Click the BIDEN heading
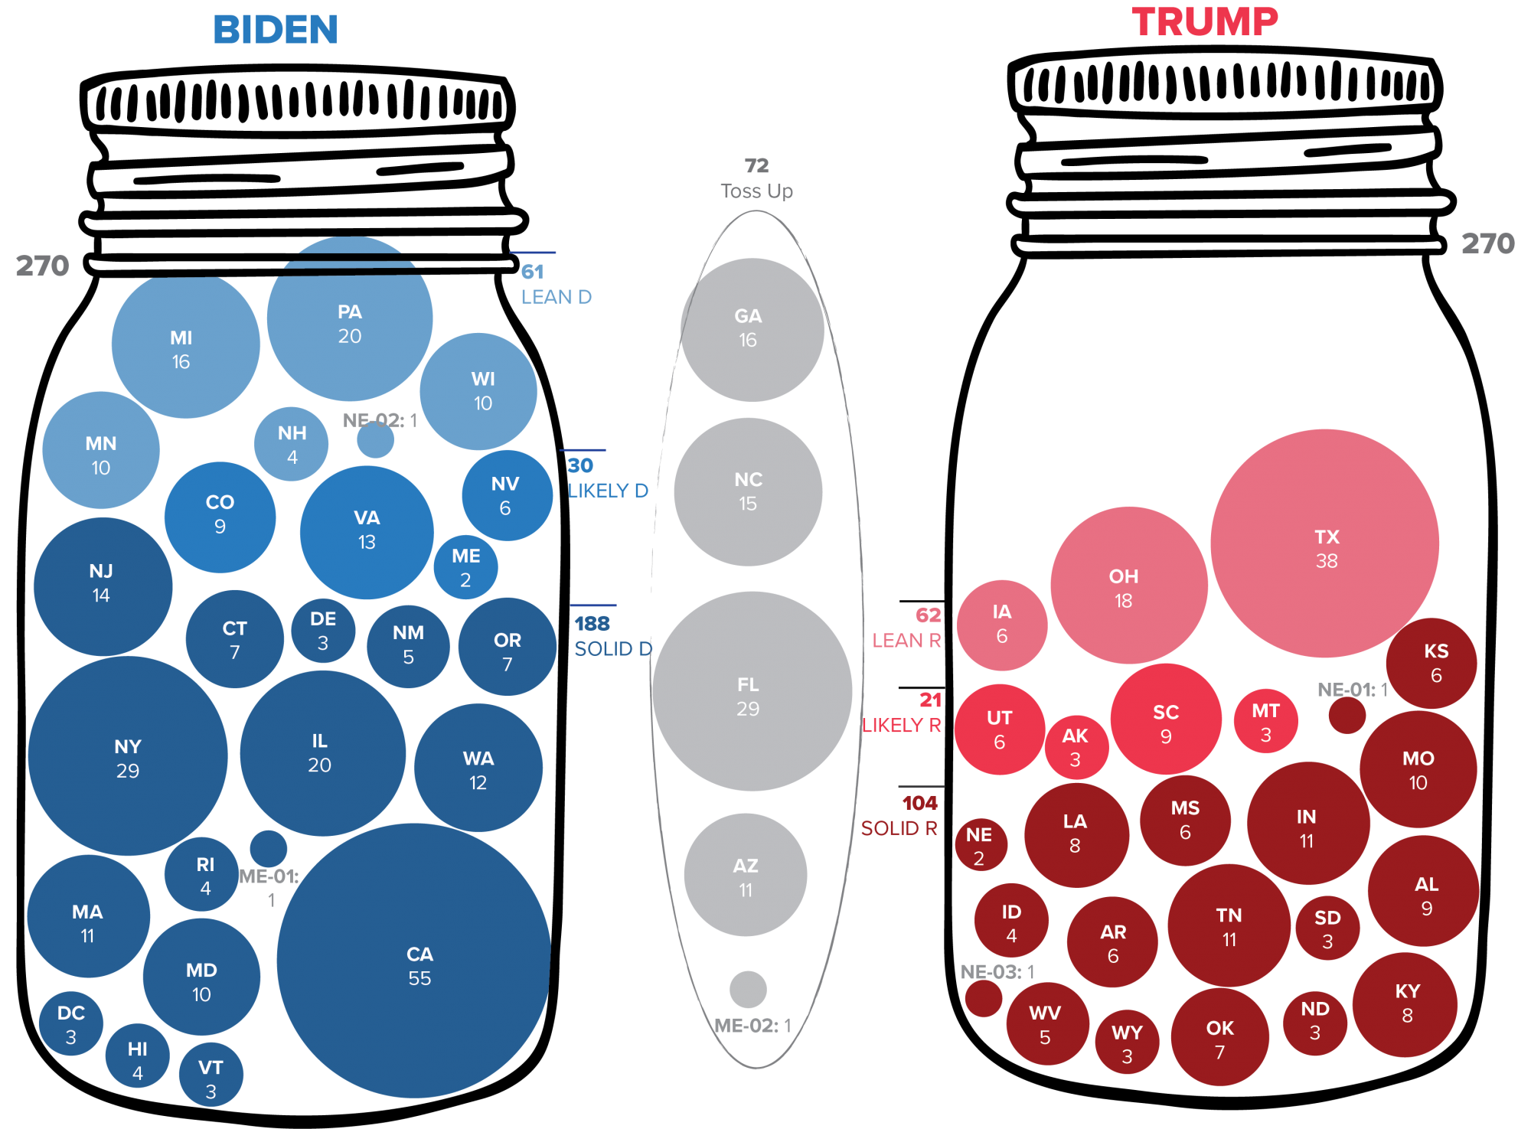276,31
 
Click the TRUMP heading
1205,22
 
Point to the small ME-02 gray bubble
748,989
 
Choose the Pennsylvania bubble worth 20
350,323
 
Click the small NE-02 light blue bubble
375,440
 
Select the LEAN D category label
556,297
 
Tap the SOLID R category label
899,828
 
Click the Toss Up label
756,191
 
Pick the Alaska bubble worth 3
1076,746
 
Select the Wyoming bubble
1127,1043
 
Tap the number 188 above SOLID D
592,624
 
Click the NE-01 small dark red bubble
1347,715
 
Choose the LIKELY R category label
901,725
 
